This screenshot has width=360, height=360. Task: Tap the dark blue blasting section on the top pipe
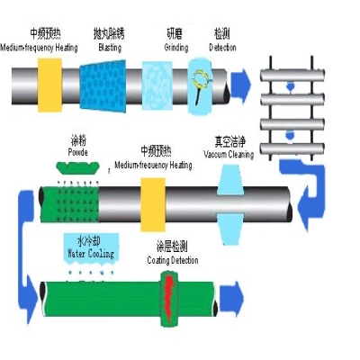[x=110, y=82]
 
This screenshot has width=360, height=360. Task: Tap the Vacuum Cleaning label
[x=233, y=154]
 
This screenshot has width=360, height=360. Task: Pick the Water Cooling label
[x=91, y=255]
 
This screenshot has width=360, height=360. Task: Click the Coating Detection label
[x=175, y=260]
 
